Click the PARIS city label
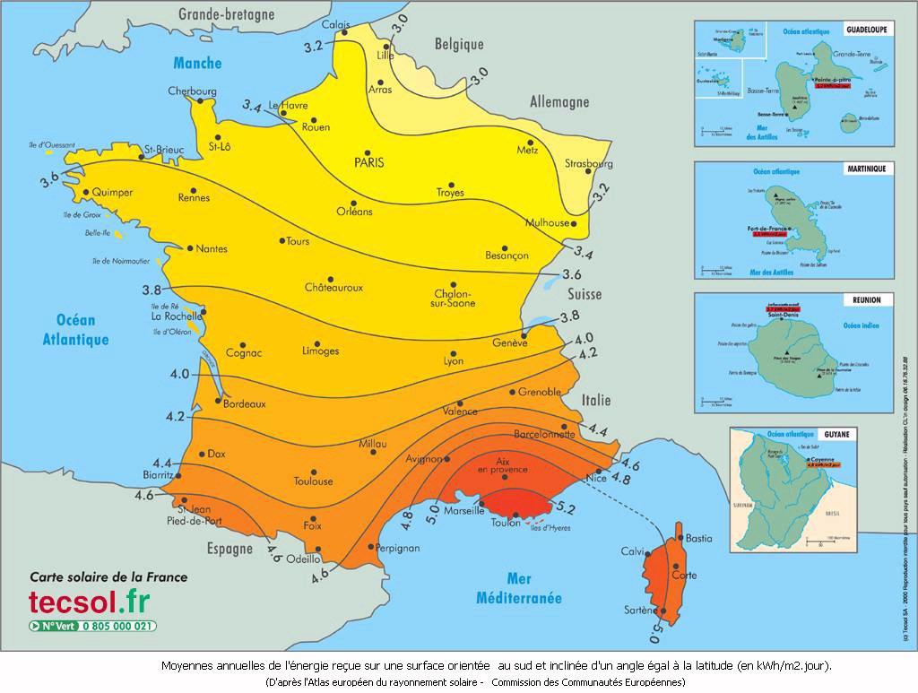(368, 162)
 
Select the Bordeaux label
(244, 404)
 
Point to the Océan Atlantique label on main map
(75, 330)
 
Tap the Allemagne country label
(559, 102)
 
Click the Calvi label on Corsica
(634, 551)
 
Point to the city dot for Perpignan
(371, 546)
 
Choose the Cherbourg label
(193, 91)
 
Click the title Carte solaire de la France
(108, 576)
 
